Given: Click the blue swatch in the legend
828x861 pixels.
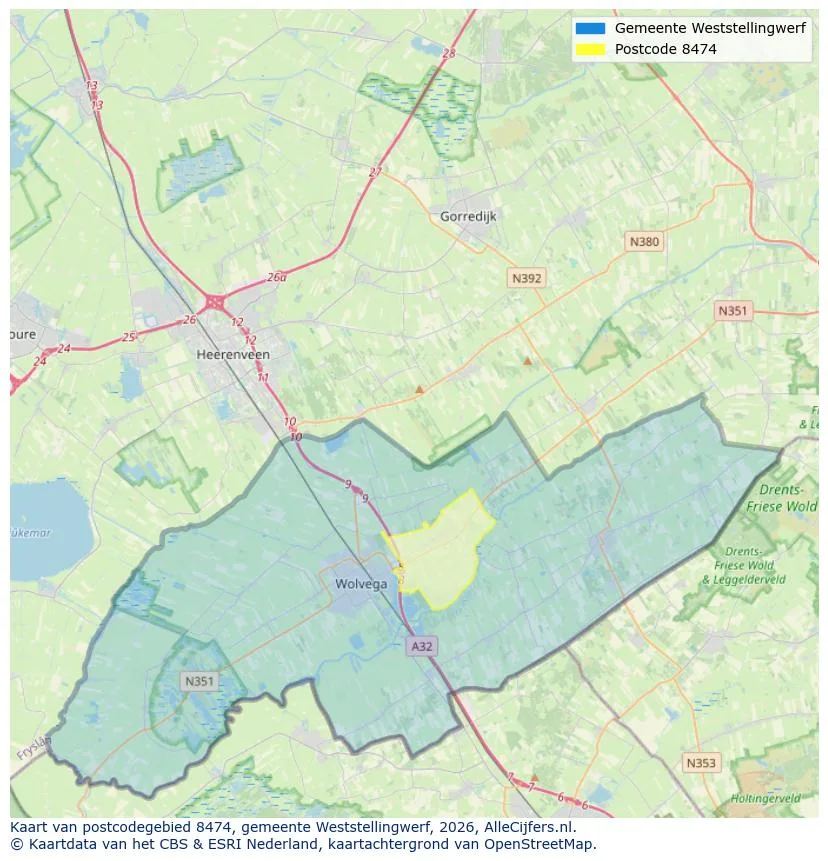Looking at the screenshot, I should coord(590,28).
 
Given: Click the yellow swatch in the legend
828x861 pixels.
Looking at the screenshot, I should coord(590,49).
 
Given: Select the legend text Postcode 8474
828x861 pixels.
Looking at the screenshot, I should coord(665,49).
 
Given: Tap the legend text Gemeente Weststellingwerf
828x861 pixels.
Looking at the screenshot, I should coord(710,28).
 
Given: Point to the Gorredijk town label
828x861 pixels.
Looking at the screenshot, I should coord(468,216).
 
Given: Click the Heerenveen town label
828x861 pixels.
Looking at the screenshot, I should coord(233,354).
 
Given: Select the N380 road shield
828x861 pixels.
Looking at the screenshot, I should coord(644,241).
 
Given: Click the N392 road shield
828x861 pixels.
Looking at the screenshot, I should coord(526,279).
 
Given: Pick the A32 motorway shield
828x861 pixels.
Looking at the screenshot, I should coord(422,647).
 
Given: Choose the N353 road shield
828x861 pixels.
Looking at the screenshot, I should coord(700,763).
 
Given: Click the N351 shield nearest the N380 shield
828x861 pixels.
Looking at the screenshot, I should coord(732,311).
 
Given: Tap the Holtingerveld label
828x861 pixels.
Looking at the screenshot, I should coord(765,798).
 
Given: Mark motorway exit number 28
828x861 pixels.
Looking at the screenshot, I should coord(448,53).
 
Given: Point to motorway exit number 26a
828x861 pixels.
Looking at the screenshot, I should coord(276,278).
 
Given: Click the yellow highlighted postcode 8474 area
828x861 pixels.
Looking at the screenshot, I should coord(440,555).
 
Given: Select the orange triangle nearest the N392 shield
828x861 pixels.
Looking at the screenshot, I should coord(527,361).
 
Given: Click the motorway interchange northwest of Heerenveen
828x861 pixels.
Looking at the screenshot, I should coord(214,300).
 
